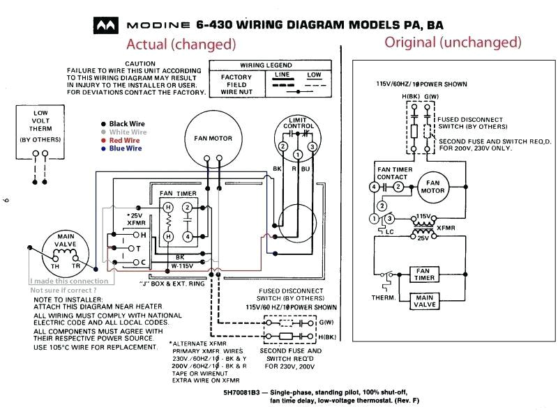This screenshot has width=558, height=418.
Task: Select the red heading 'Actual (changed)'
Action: [x=181, y=44]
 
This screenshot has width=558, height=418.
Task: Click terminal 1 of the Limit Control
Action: [x=297, y=154]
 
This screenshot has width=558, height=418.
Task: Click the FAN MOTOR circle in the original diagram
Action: [x=432, y=187]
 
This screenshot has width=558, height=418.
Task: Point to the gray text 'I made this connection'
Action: [x=69, y=281]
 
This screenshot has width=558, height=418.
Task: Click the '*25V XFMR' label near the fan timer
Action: [x=137, y=219]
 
